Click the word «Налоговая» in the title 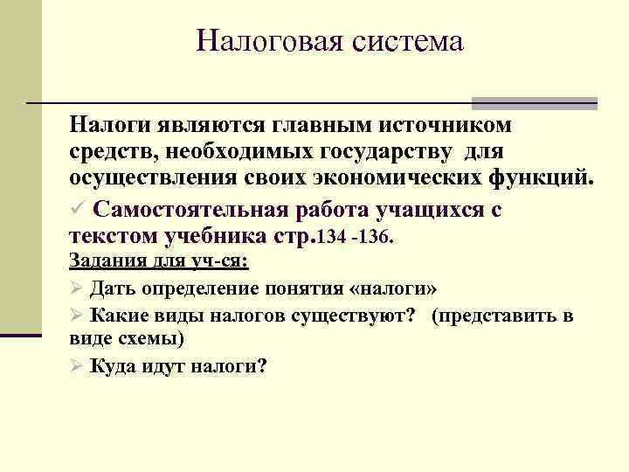263,41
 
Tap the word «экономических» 384,180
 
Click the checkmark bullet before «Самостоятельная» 77,211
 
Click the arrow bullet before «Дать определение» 76,288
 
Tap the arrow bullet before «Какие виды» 76,315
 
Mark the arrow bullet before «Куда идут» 76,367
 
